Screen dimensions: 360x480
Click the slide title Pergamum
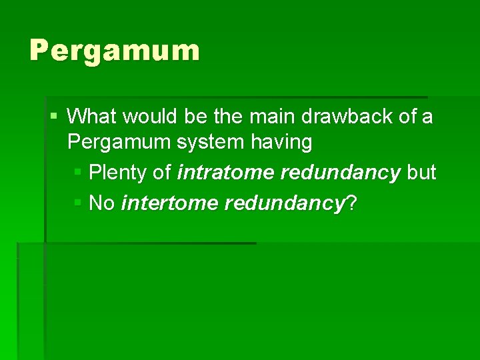(x=114, y=51)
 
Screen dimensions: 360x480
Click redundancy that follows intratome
(x=340, y=173)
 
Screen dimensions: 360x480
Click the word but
(x=421, y=173)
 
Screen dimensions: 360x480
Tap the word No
(x=102, y=203)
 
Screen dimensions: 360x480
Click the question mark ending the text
(x=351, y=203)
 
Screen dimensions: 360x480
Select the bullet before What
(x=53, y=117)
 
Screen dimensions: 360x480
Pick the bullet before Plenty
(x=77, y=173)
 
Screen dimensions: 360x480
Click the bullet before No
(x=77, y=203)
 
